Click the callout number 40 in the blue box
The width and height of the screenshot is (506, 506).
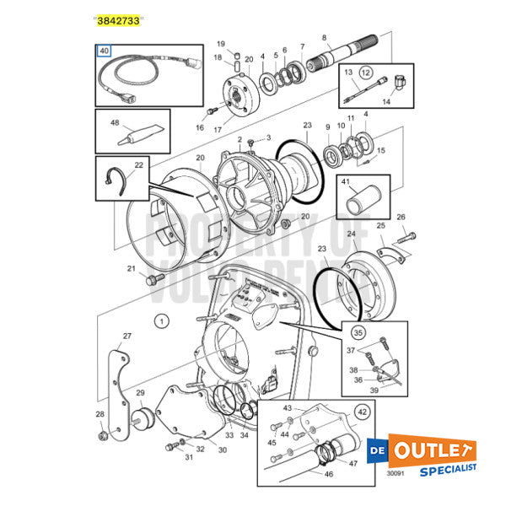[x=105, y=51]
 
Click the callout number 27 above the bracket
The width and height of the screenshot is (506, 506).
[x=126, y=336]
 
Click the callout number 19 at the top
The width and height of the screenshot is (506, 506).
[x=221, y=43]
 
